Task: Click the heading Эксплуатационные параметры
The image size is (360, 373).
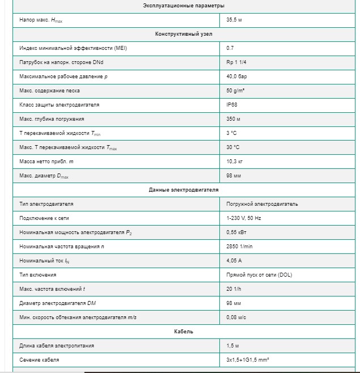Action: [x=184, y=6]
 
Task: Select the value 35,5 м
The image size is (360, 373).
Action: [x=234, y=20]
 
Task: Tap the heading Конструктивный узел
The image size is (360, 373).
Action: [x=184, y=34]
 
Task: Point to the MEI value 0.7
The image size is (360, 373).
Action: [x=230, y=48]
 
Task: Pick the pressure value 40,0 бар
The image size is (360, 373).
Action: [x=236, y=77]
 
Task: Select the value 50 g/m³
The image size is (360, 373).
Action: [x=235, y=91]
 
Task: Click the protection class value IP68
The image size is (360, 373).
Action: [x=231, y=105]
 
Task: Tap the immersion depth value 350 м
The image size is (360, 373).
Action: [x=233, y=119]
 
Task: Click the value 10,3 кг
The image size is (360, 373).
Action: [x=234, y=162]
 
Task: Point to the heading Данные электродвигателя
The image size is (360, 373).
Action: [x=184, y=190]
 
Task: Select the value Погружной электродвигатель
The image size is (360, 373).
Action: [x=262, y=204]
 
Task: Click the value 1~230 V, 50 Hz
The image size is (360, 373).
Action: [x=244, y=218]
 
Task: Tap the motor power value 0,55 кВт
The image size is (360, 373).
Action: [x=236, y=232]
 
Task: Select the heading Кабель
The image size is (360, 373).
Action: [x=184, y=332]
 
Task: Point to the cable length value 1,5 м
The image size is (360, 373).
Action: [x=232, y=346]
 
